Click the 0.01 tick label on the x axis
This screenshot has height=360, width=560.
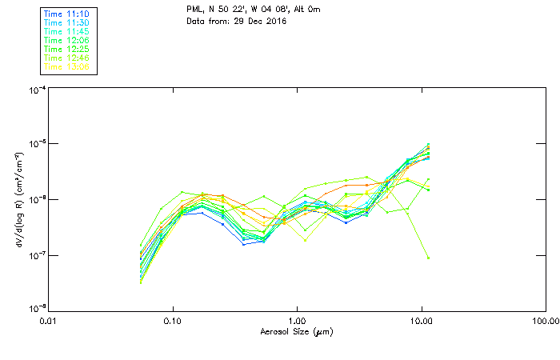[x=49, y=321]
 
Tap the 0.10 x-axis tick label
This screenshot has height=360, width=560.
[x=173, y=321]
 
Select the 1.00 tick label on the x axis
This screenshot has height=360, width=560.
[x=298, y=321]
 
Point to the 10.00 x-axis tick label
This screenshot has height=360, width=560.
[x=422, y=321]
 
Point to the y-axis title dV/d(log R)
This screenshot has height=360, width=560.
[x=17, y=198]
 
